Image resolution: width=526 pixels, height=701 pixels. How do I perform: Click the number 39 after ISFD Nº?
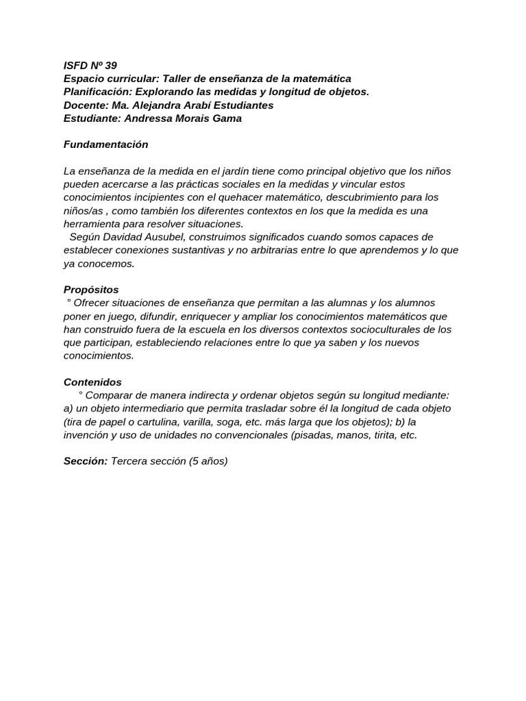110,66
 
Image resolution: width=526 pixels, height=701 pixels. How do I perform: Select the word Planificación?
97,92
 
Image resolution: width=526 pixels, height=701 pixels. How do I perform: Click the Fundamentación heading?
105,144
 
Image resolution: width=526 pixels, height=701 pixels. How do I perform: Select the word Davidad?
123,237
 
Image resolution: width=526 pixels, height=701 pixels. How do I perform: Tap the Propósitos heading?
91,290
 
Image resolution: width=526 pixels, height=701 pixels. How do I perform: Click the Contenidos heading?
92,382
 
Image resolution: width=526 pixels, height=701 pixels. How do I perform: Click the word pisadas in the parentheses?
316,435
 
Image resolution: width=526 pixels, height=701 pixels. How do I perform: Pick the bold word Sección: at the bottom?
86,461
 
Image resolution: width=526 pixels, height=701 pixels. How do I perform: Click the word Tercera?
131,461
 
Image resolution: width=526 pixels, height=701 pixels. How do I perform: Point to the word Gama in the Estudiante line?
227,118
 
